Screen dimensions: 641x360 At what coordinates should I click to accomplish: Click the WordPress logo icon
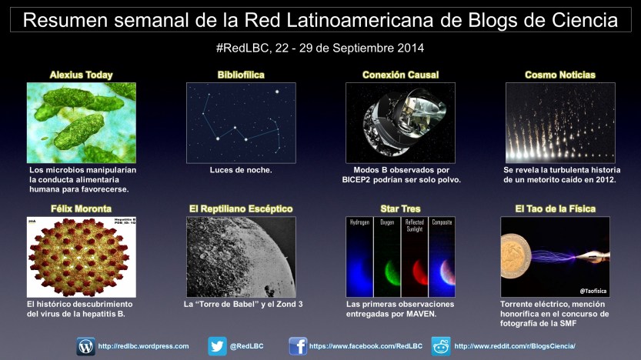click(x=86, y=346)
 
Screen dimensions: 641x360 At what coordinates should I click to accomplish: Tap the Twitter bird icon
click(x=217, y=346)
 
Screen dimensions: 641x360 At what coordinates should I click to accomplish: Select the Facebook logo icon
click(x=298, y=346)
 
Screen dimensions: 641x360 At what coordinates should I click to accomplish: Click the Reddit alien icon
click(x=441, y=346)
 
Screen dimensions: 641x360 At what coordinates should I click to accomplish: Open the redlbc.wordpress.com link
click(x=143, y=346)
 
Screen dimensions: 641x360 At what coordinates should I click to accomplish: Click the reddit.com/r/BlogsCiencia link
click(x=515, y=346)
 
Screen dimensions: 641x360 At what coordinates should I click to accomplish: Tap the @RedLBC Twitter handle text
click(x=246, y=346)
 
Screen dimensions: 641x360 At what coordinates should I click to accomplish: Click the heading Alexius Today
click(x=82, y=75)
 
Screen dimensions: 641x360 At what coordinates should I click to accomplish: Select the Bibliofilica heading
click(x=241, y=75)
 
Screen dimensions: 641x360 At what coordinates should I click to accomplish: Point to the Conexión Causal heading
click(x=401, y=75)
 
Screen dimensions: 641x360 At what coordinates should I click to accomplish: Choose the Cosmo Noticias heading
click(x=560, y=75)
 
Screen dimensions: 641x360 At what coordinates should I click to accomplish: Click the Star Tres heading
click(x=401, y=208)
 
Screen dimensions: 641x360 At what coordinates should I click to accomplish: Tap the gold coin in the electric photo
click(x=516, y=256)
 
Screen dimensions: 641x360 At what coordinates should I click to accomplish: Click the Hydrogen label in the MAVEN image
click(x=360, y=222)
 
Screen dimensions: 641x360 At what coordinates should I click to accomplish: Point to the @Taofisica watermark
click(x=593, y=291)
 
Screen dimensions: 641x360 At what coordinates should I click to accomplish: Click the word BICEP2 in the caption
click(x=359, y=180)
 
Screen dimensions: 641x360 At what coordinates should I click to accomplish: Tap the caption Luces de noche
click(x=241, y=170)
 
